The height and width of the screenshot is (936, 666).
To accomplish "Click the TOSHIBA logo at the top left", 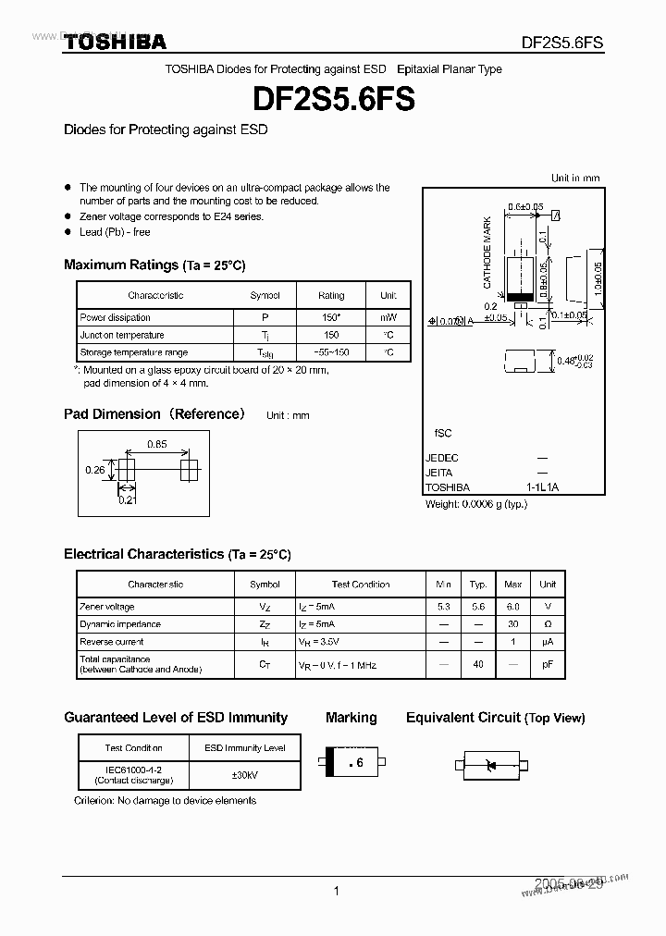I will (x=115, y=42).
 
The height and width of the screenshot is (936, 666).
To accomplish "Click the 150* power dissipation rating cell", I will (x=330, y=317).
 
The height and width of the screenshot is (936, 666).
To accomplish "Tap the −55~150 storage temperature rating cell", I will (x=330, y=352).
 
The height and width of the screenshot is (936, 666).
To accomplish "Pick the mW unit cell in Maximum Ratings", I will (x=388, y=317).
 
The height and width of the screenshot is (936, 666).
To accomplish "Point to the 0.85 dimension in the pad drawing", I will (x=156, y=444).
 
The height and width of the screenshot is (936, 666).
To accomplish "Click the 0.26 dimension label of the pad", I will (x=94, y=470).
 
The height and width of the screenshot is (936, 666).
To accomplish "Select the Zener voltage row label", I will (x=107, y=607).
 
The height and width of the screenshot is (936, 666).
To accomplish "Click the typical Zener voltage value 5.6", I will (x=477, y=607).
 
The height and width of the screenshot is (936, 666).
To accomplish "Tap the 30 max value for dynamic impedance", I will (x=512, y=624).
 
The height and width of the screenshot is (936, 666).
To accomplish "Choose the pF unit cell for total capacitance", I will (x=548, y=664).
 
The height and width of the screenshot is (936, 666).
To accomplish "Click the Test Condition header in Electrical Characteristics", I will (x=361, y=585).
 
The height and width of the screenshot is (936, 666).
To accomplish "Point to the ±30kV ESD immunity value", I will (x=244, y=775).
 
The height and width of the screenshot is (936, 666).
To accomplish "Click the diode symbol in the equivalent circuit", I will (x=492, y=765).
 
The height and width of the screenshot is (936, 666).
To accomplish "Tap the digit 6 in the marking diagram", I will (x=359, y=763).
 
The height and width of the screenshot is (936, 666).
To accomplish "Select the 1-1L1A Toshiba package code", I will (x=542, y=487).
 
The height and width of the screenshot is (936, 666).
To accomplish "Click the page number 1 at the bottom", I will (x=336, y=891).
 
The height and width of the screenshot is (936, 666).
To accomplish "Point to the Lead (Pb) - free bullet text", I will (x=115, y=232).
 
